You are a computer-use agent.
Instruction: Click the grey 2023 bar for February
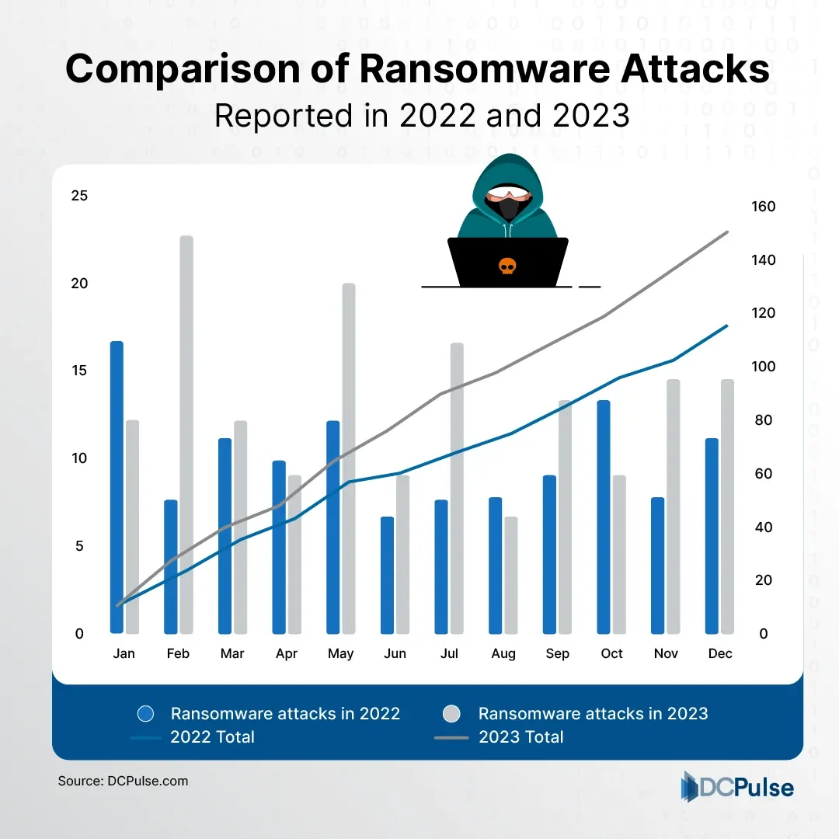186,435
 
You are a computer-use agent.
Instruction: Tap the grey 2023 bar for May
349,458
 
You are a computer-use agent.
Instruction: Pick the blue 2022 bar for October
604,517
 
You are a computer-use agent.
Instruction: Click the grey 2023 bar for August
510,575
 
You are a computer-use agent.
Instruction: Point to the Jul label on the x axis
449,654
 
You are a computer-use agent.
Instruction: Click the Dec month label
720,654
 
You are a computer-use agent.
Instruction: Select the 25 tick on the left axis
79,196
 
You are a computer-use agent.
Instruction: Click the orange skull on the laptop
507,266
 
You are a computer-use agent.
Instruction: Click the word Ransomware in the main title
486,70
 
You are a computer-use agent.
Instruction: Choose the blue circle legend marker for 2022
146,714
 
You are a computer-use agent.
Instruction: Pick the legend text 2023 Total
520,736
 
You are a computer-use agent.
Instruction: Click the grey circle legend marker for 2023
451,714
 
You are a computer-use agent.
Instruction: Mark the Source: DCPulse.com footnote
123,781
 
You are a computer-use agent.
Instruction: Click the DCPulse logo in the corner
737,787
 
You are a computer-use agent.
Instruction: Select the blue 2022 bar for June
387,575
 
